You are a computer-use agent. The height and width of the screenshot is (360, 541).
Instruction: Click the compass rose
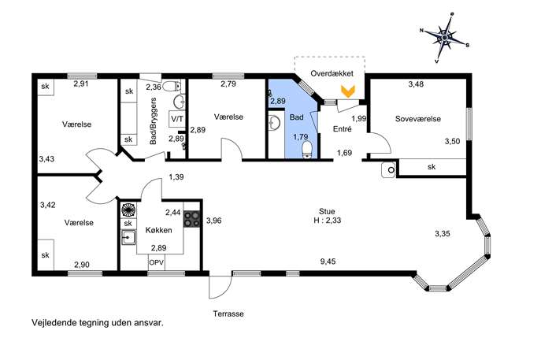445,37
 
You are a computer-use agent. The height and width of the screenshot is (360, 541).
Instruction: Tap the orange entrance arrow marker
349,91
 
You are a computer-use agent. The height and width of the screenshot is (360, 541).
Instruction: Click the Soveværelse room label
418,119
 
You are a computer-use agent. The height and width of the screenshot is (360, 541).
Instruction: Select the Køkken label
159,230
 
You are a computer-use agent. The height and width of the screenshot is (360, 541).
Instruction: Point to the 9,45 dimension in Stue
328,262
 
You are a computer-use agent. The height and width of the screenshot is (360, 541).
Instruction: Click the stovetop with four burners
191,219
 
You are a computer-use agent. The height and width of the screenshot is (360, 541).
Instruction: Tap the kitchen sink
128,237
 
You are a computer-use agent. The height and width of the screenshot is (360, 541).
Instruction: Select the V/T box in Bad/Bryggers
177,120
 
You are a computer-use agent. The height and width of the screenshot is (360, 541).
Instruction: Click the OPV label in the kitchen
157,262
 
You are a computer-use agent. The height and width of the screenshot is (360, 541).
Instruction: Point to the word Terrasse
228,314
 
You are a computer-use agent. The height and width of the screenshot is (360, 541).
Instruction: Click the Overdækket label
332,73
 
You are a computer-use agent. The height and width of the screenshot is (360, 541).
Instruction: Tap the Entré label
343,129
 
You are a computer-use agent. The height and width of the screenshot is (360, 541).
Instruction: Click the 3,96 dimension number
214,221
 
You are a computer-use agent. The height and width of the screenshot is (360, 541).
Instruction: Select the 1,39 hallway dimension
176,176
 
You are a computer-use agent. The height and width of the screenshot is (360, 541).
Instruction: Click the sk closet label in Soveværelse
432,167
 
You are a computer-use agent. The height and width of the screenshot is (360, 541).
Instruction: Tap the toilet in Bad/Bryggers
172,85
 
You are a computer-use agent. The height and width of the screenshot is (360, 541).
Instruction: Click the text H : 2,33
327,221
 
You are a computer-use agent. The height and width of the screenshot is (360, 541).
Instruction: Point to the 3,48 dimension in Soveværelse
416,84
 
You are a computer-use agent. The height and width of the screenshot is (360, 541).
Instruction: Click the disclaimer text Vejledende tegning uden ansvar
98,323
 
